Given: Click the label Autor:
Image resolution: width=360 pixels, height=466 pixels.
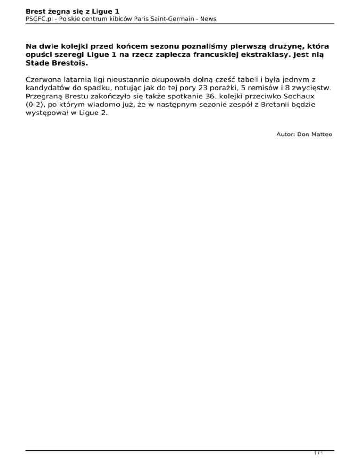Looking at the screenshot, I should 286,134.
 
